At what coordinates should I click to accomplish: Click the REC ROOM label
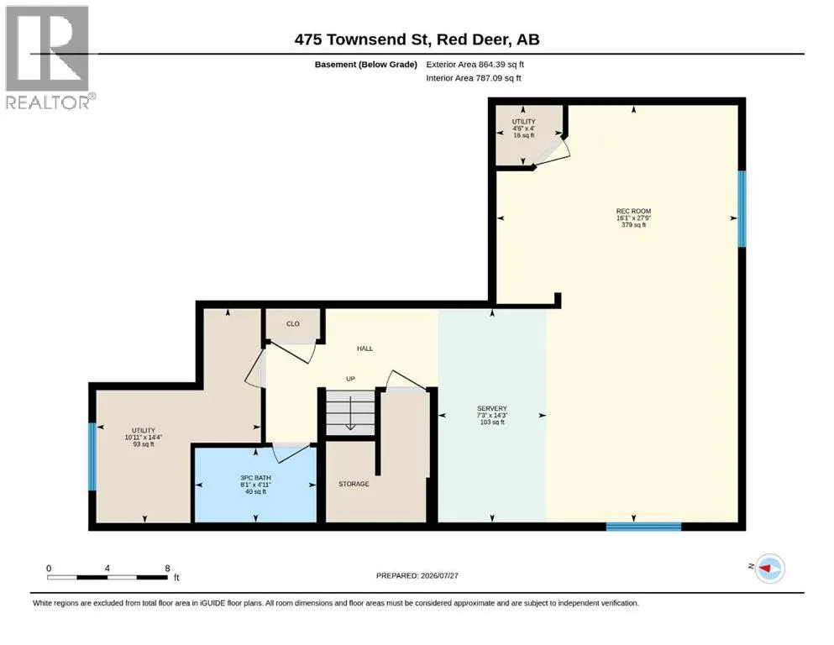tap(633, 211)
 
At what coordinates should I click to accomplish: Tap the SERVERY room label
tap(492, 408)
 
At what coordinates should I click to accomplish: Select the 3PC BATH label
tap(256, 478)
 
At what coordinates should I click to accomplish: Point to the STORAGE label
tap(354, 484)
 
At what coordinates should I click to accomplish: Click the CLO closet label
tap(293, 324)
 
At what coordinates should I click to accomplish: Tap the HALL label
tap(365, 349)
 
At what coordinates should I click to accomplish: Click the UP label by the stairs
tap(350, 379)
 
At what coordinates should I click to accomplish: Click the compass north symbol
tap(769, 569)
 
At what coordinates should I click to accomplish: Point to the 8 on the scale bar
tap(167, 568)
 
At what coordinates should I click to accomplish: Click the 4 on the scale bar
tap(108, 568)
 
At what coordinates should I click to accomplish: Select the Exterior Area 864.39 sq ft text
tap(475, 65)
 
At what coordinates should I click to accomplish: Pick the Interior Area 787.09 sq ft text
tap(474, 77)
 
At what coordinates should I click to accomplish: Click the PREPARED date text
tap(417, 575)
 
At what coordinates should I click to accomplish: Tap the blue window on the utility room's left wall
tap(92, 456)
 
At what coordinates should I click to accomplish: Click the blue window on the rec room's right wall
tap(742, 208)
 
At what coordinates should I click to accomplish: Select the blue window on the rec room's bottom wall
tap(643, 527)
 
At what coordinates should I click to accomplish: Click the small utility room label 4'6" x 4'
tap(524, 128)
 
